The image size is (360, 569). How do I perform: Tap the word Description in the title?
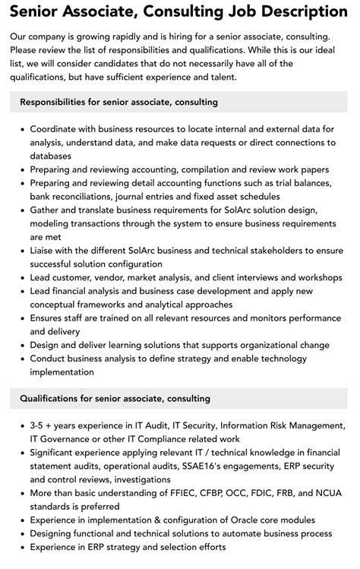pos(298,12)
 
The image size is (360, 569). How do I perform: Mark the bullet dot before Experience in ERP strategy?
pos(21,545)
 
